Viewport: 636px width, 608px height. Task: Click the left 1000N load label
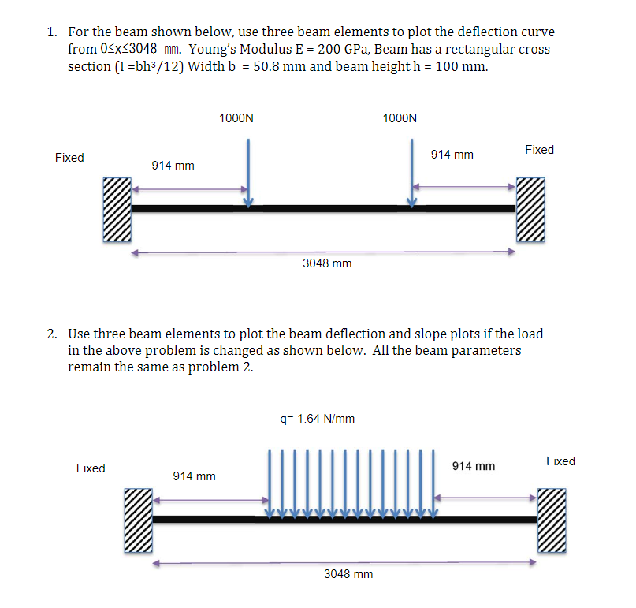coord(236,118)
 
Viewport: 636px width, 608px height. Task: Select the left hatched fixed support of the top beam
coord(116,210)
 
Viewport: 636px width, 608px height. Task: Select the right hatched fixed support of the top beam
coord(530,210)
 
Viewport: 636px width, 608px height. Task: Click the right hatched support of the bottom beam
coord(551,520)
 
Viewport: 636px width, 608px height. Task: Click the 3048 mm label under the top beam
coord(327,263)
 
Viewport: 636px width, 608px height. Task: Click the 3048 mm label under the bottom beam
coord(348,574)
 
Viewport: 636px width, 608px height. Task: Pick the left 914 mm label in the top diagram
coord(173,166)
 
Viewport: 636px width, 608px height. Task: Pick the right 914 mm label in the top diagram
coord(452,155)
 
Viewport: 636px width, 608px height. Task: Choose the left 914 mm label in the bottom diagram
coord(194,476)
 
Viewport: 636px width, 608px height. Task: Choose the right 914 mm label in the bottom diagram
coord(474,466)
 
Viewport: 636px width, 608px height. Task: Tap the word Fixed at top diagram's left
coord(69,158)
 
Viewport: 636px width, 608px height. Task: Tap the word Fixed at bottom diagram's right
coord(560,461)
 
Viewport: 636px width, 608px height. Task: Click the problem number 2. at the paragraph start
coord(51,334)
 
